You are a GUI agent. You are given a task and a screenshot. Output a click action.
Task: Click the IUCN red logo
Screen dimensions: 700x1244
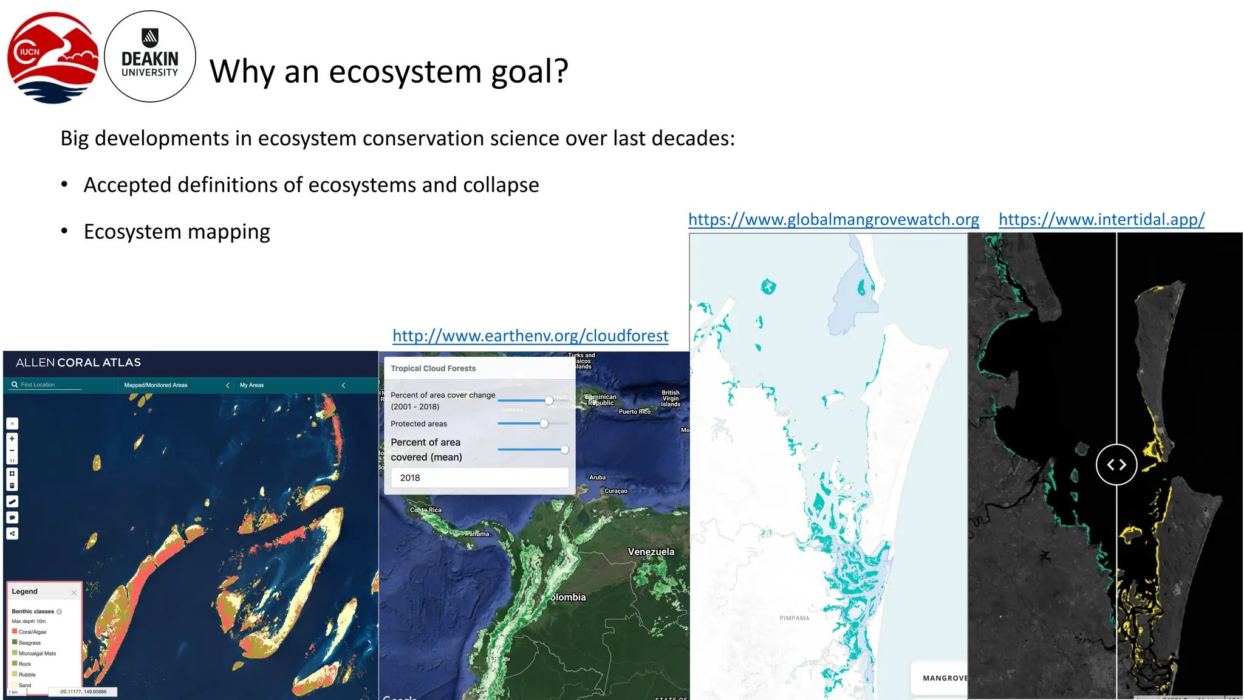coord(53,57)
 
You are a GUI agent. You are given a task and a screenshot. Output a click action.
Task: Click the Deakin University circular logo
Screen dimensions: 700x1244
coord(150,57)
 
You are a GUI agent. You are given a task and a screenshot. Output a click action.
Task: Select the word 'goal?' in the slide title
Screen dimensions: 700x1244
coord(529,71)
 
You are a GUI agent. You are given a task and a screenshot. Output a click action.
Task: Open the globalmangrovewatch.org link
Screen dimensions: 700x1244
coord(833,219)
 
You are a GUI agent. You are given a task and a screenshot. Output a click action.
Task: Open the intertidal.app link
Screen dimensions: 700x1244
coord(1101,219)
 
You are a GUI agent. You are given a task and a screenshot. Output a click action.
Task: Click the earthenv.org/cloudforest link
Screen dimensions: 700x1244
coord(530,335)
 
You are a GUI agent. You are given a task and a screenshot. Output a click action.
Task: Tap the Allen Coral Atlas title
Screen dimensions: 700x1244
coord(78,363)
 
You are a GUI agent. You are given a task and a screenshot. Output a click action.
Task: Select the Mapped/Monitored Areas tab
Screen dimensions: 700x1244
coord(155,385)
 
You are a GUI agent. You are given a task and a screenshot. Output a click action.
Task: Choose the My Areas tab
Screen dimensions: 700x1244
coord(251,385)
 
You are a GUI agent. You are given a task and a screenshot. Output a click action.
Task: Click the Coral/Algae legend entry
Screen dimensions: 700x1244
coord(32,632)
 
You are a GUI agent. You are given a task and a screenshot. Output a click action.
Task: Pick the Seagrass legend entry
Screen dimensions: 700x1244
coord(29,643)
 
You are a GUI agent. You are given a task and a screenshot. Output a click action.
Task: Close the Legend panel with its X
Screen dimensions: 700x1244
coord(74,592)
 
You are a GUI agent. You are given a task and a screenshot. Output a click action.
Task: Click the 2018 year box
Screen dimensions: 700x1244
coord(479,478)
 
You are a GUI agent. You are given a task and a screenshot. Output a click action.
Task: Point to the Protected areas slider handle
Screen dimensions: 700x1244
coord(544,424)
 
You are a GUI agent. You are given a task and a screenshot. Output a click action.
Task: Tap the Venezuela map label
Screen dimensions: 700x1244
coord(651,552)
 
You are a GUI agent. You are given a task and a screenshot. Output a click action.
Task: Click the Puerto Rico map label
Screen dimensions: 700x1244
coord(634,412)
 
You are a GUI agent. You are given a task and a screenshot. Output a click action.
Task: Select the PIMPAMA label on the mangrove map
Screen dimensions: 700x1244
coord(794,618)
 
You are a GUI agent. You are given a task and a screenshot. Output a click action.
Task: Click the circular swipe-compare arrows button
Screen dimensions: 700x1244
coord(1116,465)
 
